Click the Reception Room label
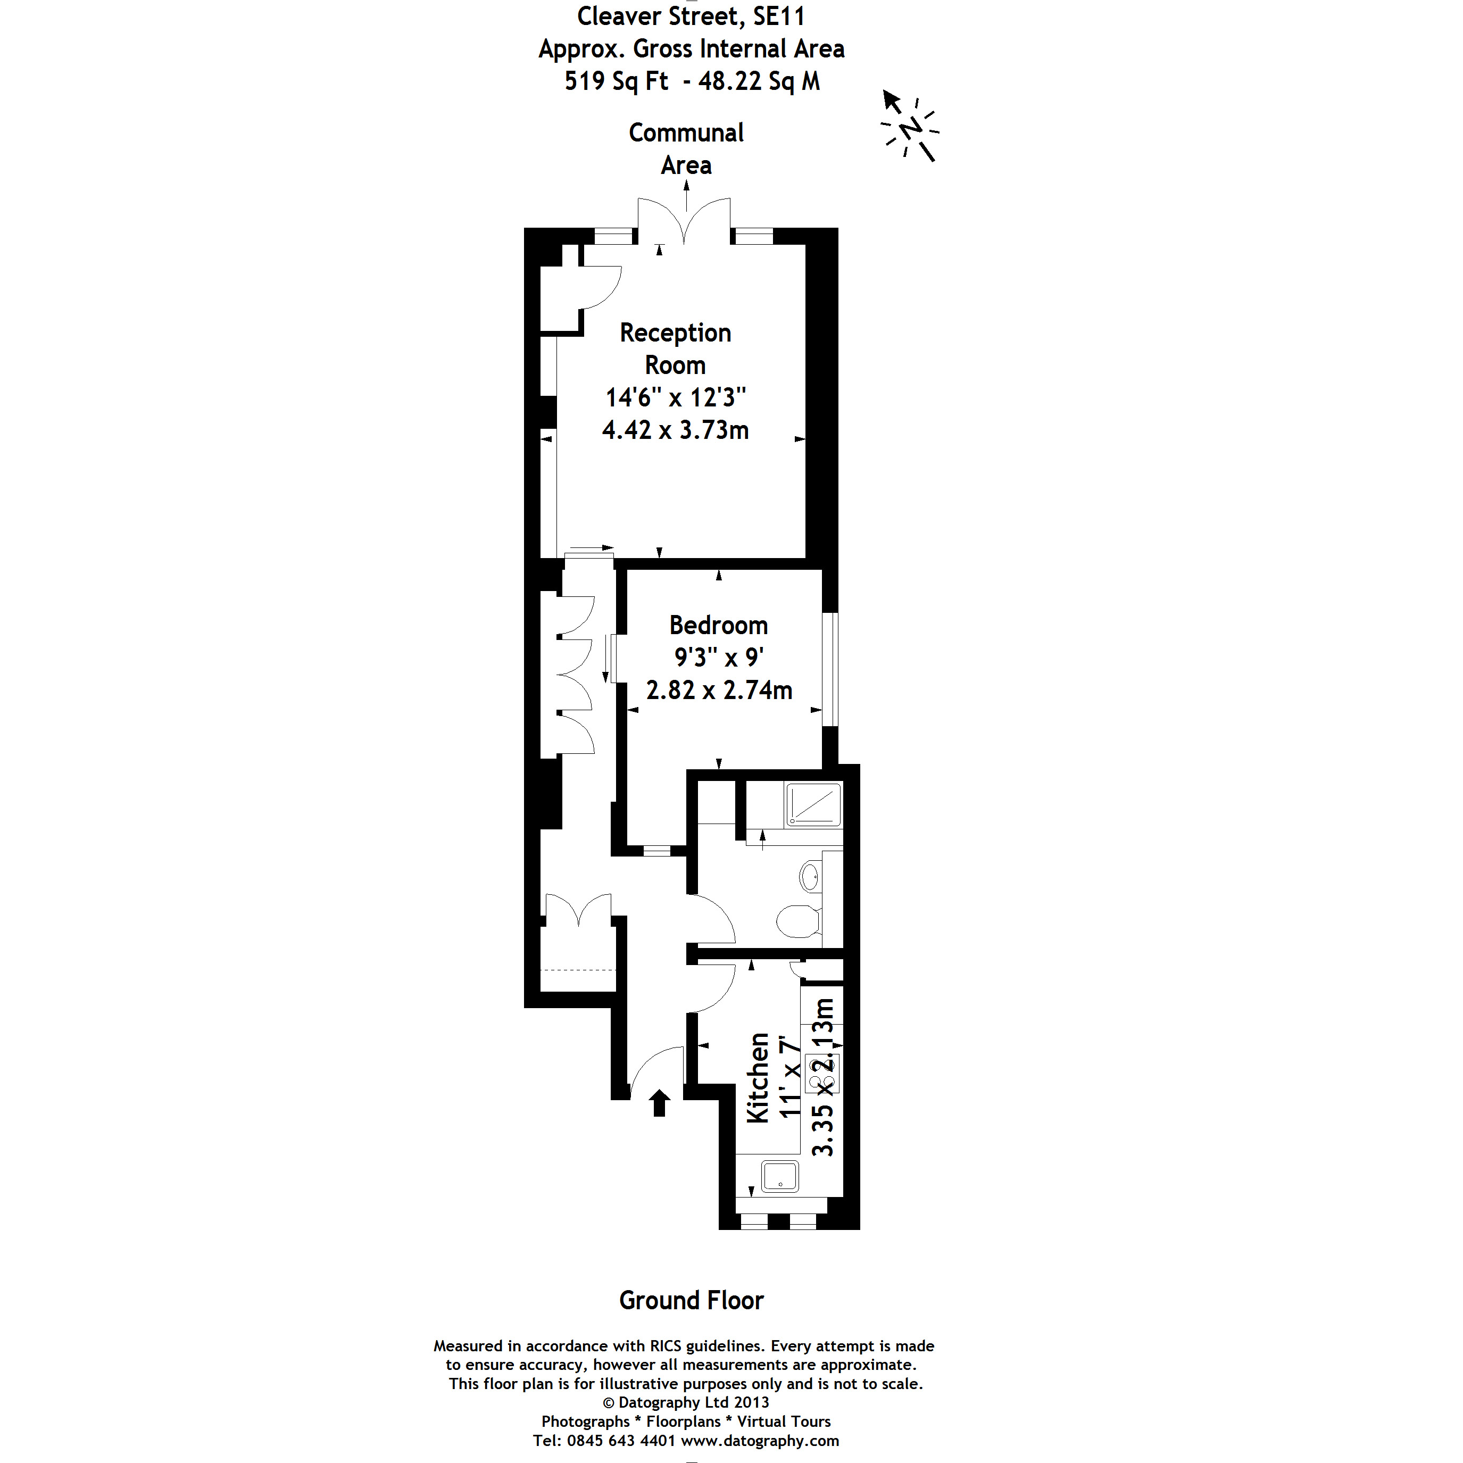point(675,348)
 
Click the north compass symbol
point(911,127)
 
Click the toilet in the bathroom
point(798,921)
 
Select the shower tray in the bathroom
point(814,804)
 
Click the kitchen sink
point(780,1176)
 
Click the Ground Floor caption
point(692,1300)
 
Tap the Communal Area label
point(686,148)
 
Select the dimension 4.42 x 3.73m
point(676,430)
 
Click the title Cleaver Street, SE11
point(691,16)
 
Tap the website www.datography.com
point(760,1440)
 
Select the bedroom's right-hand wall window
point(830,669)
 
